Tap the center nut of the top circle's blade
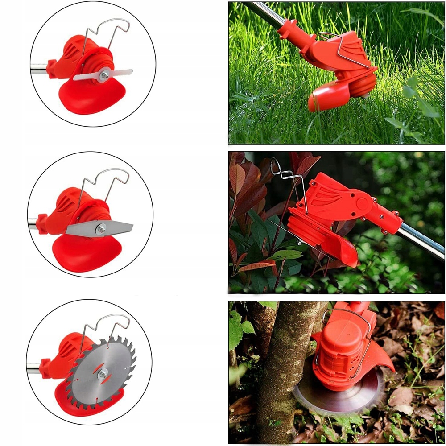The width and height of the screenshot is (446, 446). pyautogui.click(x=103, y=76)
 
